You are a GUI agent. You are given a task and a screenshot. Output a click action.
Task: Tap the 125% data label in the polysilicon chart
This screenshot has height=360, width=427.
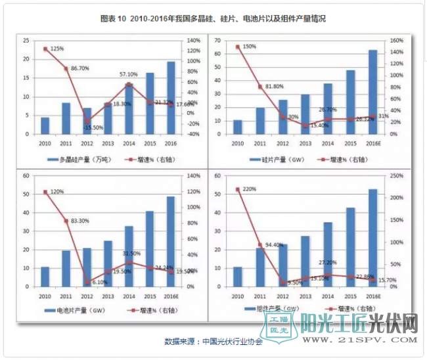[57, 49]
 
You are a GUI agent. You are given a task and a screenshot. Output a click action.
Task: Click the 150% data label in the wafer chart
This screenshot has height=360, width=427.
[249, 47]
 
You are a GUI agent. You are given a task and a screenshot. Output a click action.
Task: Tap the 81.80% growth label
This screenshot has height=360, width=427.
[275, 86]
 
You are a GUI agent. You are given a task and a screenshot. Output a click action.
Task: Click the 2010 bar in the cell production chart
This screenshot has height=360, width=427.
[45, 277]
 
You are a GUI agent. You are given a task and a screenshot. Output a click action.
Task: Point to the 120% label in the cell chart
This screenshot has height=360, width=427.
[57, 192]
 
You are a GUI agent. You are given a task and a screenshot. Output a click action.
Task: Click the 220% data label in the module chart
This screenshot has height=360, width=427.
[249, 189]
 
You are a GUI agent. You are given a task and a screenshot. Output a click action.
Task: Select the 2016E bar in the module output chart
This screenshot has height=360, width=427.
[372, 238]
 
